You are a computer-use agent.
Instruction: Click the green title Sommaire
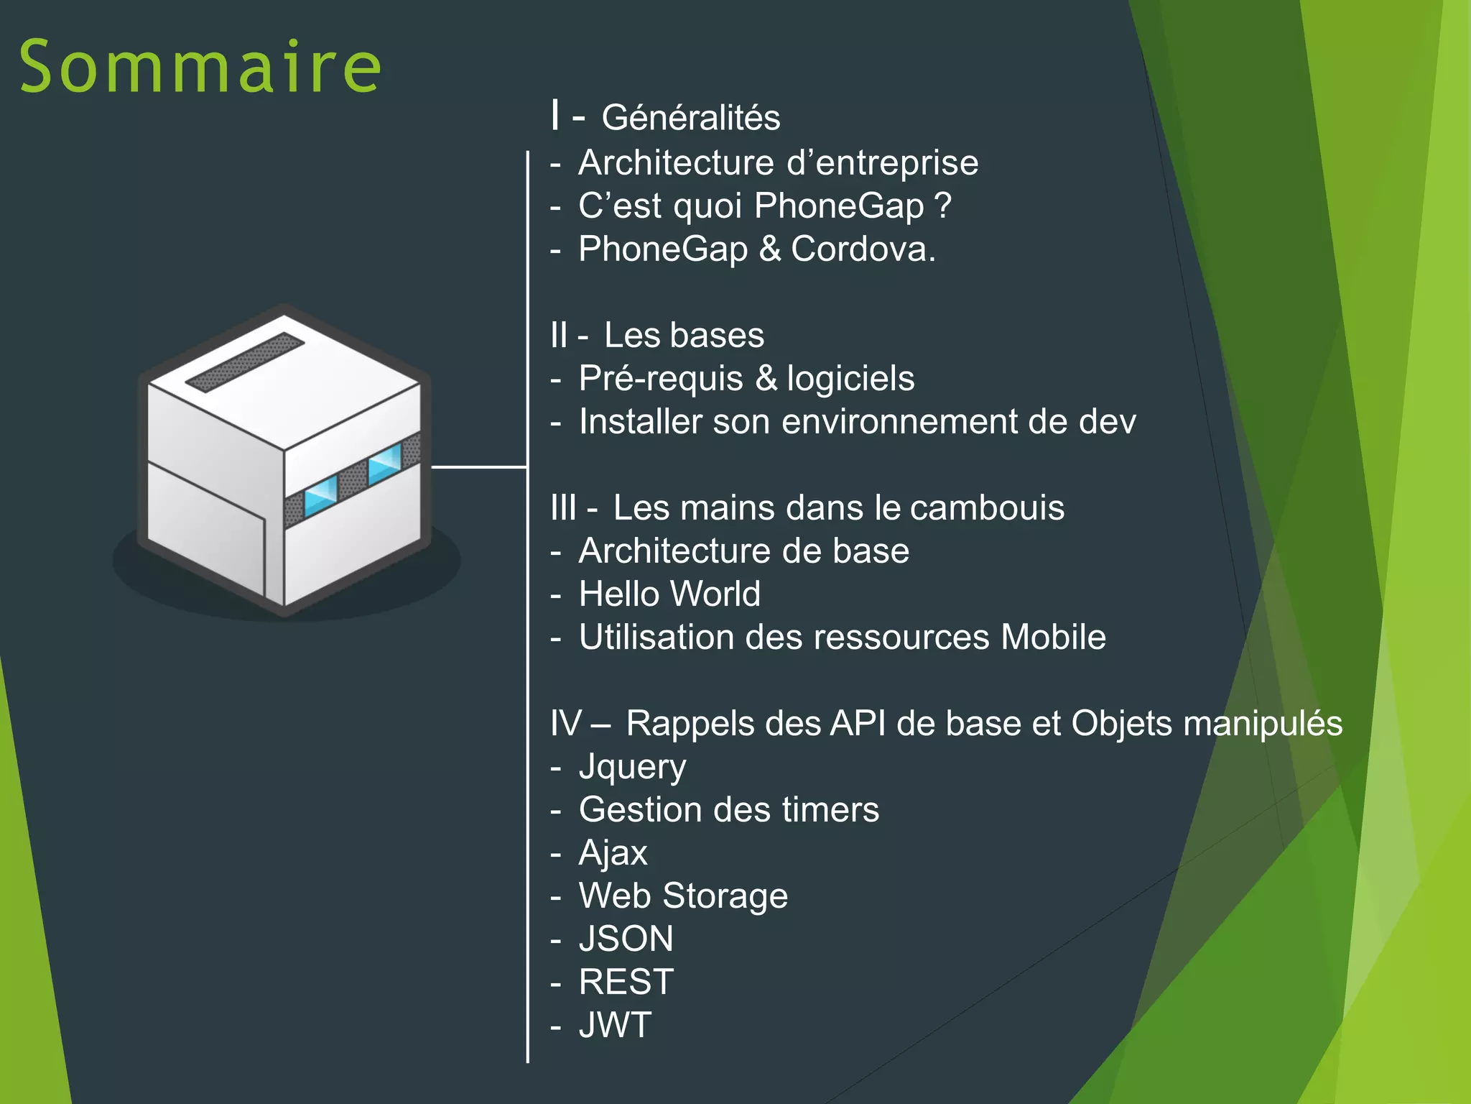pos(200,66)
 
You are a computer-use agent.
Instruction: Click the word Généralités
pos(690,118)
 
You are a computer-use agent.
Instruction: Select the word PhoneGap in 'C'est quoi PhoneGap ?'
pos(839,206)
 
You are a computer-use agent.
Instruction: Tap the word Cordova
pos(862,249)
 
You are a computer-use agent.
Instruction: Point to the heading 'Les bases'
pos(684,335)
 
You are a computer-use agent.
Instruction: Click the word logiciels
pos(850,379)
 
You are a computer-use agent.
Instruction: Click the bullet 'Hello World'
pos(669,594)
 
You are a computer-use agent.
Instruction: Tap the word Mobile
pos(1053,638)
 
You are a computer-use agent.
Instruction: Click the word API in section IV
pos(858,724)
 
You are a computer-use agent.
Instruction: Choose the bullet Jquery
pos(632,768)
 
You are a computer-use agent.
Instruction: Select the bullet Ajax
pos(613,853)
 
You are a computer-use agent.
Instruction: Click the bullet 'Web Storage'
pos(683,896)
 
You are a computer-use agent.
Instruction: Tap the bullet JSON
pos(626,939)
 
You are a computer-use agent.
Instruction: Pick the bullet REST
pos(626,983)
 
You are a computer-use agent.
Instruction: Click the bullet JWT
pos(616,1026)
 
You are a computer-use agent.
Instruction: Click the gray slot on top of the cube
pos(245,362)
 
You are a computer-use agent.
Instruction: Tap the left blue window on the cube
pos(320,495)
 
